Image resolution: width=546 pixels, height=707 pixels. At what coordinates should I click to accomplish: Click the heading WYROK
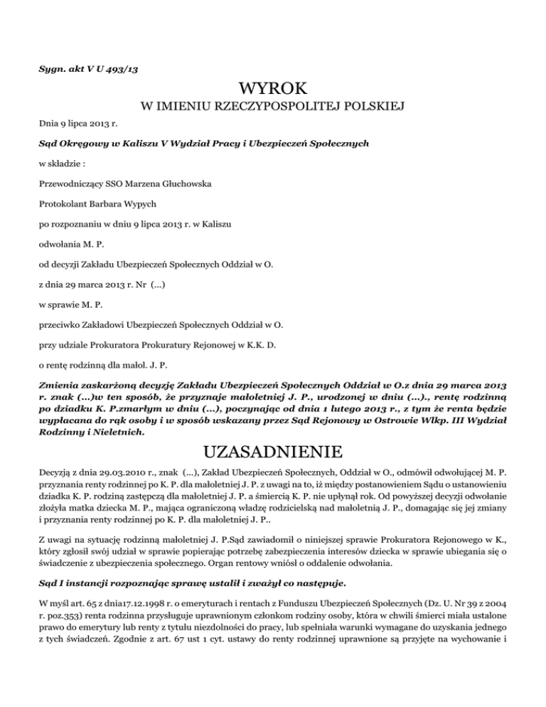[x=273, y=89]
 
